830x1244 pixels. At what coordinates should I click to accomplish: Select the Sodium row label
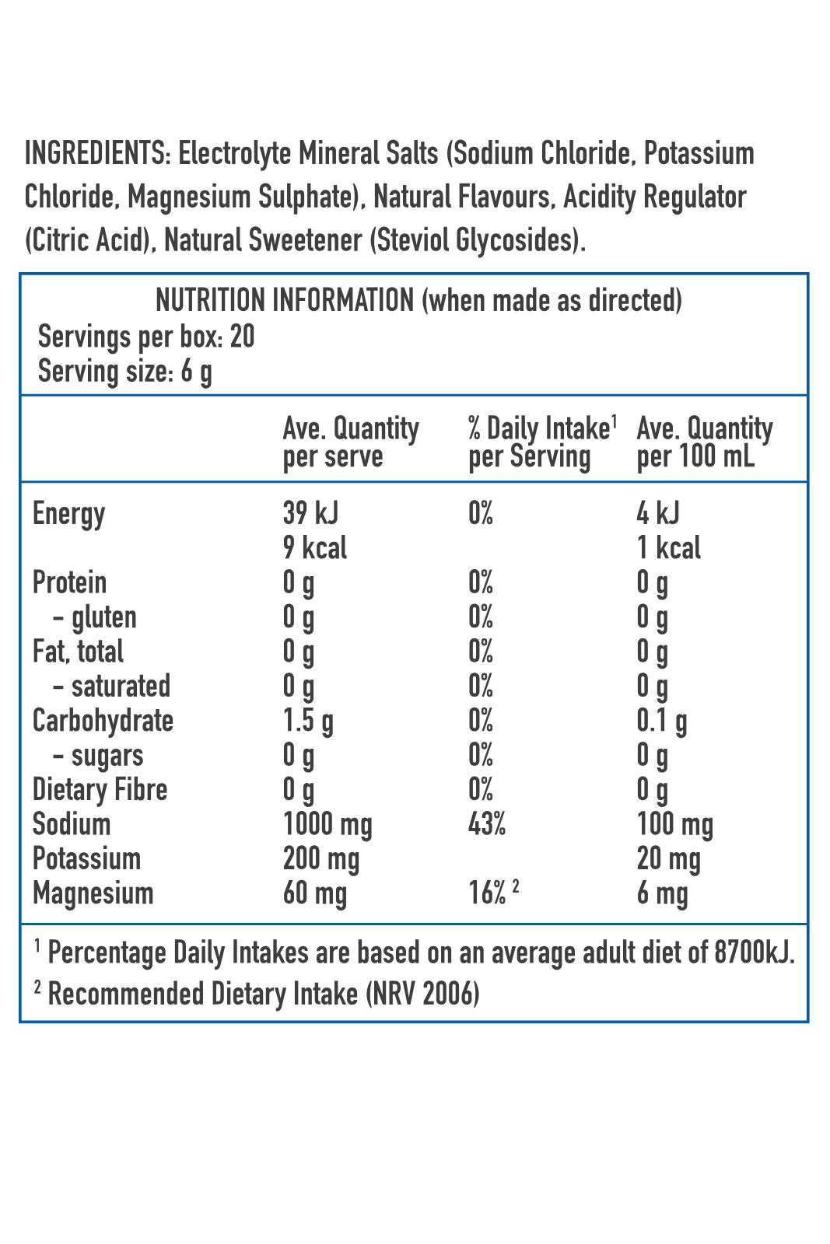pos(72,824)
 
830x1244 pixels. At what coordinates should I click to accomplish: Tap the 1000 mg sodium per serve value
pos(327,824)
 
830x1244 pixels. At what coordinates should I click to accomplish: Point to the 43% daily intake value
pos(486,824)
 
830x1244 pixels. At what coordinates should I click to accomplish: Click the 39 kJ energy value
pos(310,513)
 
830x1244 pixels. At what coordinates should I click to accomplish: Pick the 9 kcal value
pos(315,548)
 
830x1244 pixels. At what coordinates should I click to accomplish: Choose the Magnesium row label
pos(93,893)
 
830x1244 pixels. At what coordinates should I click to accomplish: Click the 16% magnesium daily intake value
pos(488,893)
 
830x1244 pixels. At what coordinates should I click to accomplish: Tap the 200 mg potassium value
pos(321,859)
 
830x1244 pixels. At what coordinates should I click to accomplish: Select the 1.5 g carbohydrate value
pos(308,721)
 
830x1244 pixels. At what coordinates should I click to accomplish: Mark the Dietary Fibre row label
pos(100,790)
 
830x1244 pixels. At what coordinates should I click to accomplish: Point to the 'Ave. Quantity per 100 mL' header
pos(704,442)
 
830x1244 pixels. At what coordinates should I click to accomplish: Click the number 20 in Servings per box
pos(242,337)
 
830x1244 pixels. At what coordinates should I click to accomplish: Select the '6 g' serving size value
pos(196,372)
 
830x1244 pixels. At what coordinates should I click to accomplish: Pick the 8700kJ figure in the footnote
pos(752,952)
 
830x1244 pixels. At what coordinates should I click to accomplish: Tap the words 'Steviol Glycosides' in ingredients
pos(475,240)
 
